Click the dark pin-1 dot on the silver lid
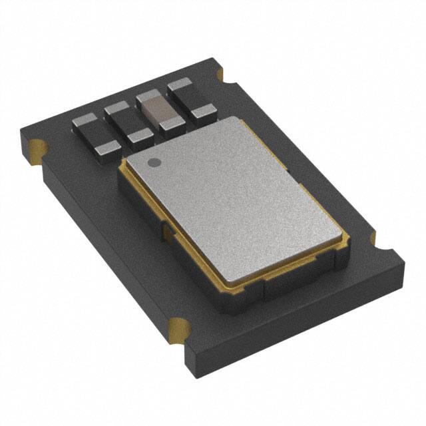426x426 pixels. click(153, 162)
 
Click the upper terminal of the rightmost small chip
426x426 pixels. click(180, 87)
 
